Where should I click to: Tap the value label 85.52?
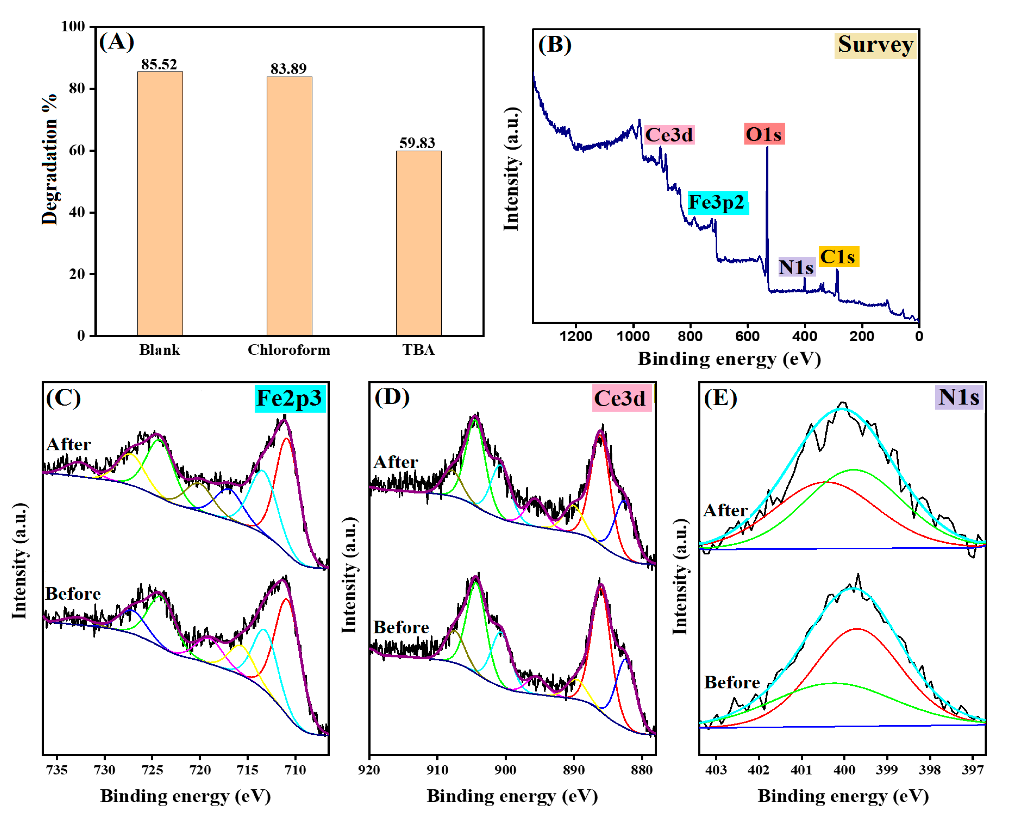pyautogui.click(x=159, y=64)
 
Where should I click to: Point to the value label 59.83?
pyautogui.click(x=417, y=143)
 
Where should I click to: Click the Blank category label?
pyautogui.click(x=160, y=350)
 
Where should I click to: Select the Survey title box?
pyautogui.click(x=875, y=45)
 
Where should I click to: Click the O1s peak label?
pyautogui.click(x=764, y=134)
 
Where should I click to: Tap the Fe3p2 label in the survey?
pyautogui.click(x=717, y=203)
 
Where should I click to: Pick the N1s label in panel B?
pyautogui.click(x=796, y=267)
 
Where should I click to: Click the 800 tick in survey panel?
pyautogui.click(x=690, y=337)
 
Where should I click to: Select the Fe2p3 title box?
pyautogui.click(x=290, y=398)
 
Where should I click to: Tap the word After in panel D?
pyautogui.click(x=396, y=462)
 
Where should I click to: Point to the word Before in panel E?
pyautogui.click(x=732, y=682)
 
